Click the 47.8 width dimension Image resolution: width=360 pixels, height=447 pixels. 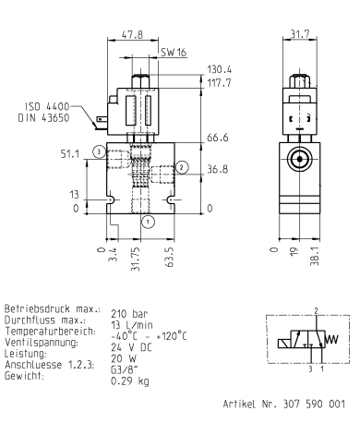click(135, 36)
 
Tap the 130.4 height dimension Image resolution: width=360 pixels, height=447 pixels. click(220, 69)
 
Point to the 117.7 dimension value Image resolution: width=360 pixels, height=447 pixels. click(220, 83)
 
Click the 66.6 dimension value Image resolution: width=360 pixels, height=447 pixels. click(217, 138)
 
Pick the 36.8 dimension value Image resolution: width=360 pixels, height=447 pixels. click(217, 169)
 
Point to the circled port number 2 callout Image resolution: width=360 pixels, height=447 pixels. click(182, 167)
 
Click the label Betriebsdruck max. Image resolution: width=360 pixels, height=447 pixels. click(50, 308)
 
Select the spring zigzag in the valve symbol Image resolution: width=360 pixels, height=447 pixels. click(332, 339)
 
